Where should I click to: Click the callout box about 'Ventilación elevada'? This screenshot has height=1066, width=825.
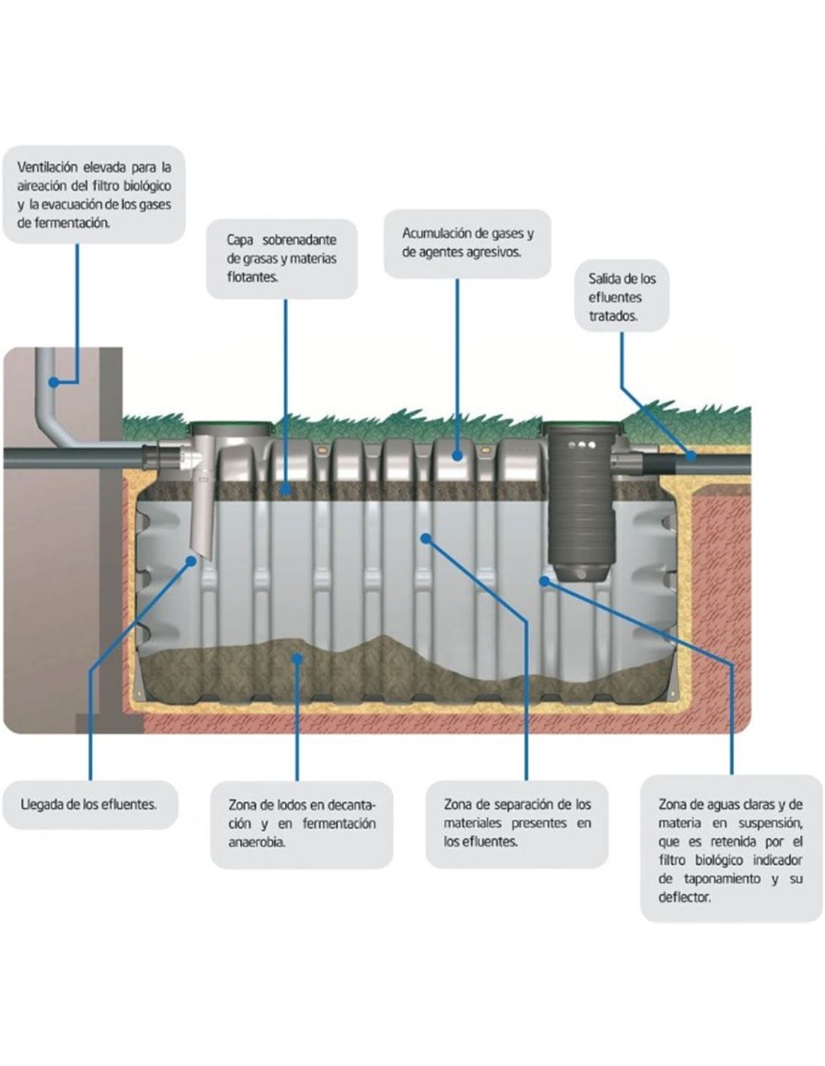pyautogui.click(x=94, y=194)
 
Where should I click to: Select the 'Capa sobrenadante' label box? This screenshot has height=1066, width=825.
pyautogui.click(x=281, y=259)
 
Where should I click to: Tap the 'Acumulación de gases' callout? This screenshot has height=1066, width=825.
pyautogui.click(x=467, y=243)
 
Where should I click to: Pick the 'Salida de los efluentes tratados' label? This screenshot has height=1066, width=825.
pyautogui.click(x=622, y=297)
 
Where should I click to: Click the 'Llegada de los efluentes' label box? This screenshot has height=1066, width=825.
pyautogui.click(x=90, y=804)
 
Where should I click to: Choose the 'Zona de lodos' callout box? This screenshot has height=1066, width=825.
pyautogui.click(x=301, y=824)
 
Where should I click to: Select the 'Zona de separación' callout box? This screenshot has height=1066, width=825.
pyautogui.click(x=517, y=823)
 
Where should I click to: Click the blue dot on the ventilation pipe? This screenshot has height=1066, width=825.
pyautogui.click(x=53, y=382)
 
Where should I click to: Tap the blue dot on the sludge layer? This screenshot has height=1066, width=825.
pyautogui.click(x=298, y=658)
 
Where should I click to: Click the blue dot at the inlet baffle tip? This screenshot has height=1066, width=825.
pyautogui.click(x=191, y=560)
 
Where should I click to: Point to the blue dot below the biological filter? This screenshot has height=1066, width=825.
pyautogui.click(x=544, y=579)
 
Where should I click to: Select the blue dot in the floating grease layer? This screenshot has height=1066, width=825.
pyautogui.click(x=285, y=490)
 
